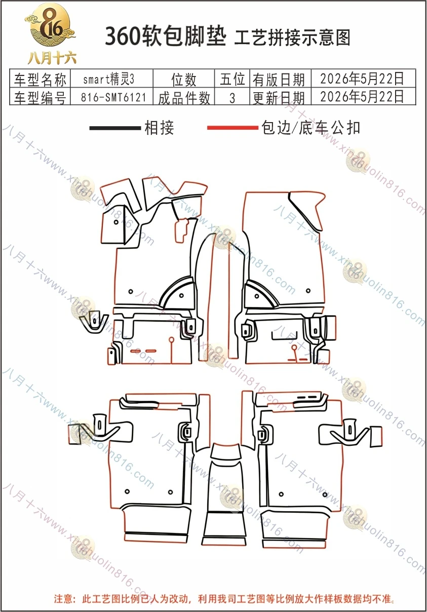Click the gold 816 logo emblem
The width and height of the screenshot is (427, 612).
50,25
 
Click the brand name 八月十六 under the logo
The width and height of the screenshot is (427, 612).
52,58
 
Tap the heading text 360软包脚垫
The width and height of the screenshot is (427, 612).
166,36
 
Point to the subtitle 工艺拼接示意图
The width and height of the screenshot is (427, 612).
292,37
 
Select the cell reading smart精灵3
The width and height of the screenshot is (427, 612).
109,80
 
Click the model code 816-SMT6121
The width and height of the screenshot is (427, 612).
113,97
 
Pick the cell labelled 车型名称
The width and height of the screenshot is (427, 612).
40,80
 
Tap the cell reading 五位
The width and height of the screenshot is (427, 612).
232,79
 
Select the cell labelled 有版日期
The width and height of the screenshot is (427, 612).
279,80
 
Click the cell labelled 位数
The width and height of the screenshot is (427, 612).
184,80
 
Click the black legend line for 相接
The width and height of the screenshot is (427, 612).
115,128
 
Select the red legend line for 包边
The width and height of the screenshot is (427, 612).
232,128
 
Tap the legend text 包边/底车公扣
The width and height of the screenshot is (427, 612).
310,128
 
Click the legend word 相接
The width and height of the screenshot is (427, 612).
159,128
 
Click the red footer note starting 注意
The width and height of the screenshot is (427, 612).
224,599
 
